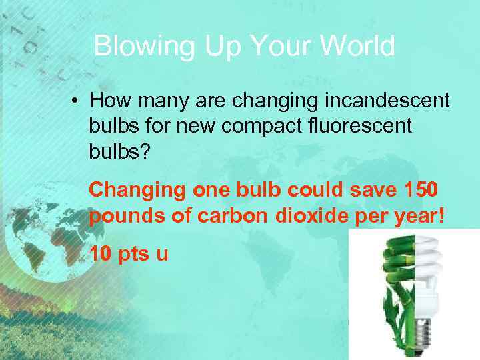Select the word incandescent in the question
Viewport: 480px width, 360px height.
[387, 101]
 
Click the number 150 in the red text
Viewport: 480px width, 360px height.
[420, 189]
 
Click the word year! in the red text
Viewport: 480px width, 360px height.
[420, 217]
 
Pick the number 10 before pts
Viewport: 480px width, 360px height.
[100, 254]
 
